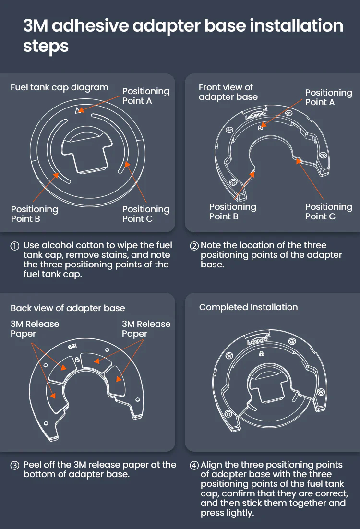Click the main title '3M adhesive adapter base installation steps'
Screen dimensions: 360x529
(183, 36)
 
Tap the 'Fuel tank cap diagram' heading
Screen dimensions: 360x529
(60, 87)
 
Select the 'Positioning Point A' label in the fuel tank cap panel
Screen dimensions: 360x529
(146, 96)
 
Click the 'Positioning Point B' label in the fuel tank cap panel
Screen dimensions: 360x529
(35, 214)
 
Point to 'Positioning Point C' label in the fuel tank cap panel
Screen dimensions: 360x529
(146, 214)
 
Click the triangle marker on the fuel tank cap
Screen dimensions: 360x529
(79, 110)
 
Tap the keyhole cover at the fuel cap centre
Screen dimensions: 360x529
(87, 150)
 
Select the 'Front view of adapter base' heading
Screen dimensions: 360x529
(228, 92)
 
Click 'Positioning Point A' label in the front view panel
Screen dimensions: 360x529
(329, 97)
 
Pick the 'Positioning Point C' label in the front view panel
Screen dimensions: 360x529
(329, 212)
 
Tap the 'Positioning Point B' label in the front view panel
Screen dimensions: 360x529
(232, 212)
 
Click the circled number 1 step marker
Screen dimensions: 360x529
(15, 246)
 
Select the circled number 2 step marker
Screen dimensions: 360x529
(194, 246)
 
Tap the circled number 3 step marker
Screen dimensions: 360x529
(15, 466)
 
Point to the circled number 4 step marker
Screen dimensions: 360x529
(194, 466)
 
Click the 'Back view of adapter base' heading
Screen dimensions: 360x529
(68, 308)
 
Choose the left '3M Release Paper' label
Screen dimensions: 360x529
(35, 329)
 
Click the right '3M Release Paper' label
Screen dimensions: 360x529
(146, 329)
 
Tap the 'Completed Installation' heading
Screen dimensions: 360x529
(248, 307)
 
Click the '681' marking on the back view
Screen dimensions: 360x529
(72, 347)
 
